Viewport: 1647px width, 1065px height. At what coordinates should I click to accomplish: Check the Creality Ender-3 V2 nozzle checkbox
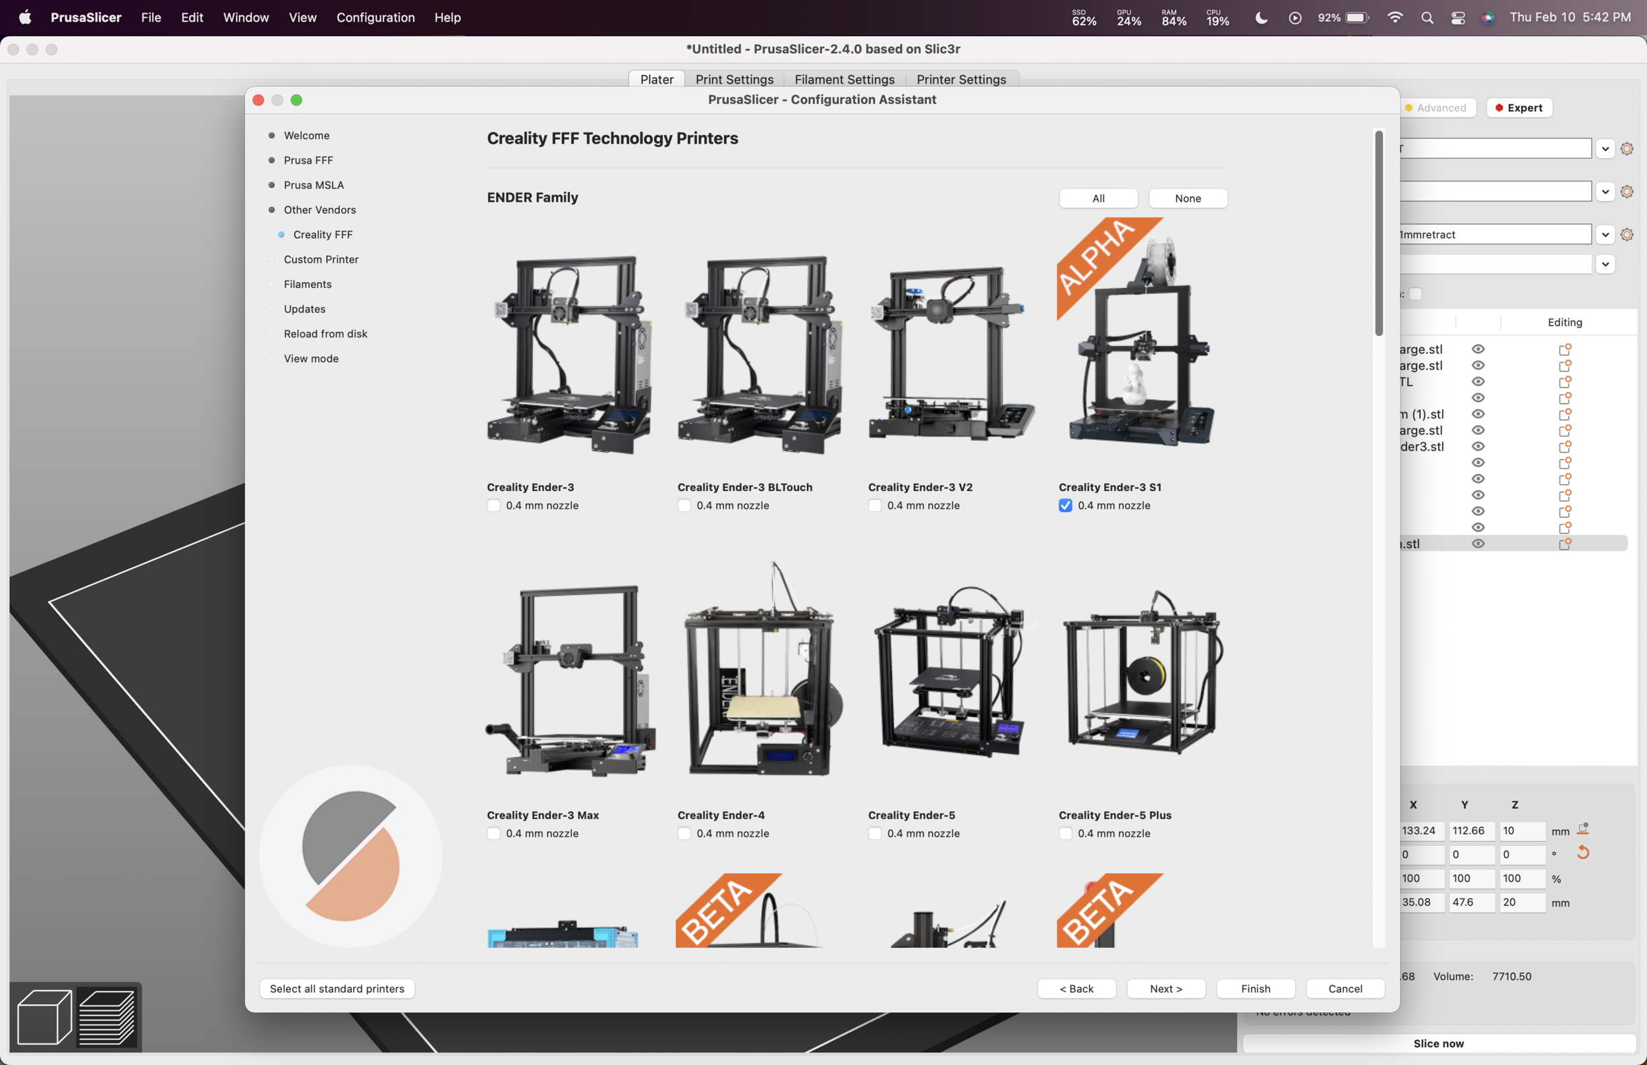point(874,505)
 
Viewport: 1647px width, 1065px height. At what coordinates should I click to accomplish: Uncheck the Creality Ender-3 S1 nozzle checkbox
point(1065,505)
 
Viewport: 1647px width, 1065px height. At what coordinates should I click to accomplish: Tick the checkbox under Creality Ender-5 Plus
point(1065,833)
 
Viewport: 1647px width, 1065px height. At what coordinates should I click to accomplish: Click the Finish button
point(1255,989)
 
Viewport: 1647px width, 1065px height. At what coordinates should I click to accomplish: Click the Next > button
point(1166,989)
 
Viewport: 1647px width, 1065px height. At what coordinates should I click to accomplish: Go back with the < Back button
point(1076,989)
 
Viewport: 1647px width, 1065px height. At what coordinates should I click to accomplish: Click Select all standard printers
point(337,989)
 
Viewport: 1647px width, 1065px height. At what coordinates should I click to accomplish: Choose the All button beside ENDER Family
point(1098,198)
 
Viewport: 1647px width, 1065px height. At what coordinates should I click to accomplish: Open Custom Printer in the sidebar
point(321,260)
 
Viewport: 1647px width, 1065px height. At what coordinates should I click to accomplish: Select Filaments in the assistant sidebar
point(308,284)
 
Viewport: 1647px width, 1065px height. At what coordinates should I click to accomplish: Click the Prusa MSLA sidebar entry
point(314,185)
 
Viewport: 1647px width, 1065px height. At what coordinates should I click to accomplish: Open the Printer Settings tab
point(961,80)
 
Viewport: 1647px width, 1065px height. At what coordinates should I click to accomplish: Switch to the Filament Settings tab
point(844,80)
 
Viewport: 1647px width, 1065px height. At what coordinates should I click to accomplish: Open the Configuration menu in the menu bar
point(376,17)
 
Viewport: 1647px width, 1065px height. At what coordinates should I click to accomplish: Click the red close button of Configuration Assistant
point(258,100)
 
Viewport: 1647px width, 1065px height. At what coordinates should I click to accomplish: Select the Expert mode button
point(1519,108)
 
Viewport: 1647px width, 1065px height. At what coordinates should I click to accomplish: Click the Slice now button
point(1438,1043)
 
